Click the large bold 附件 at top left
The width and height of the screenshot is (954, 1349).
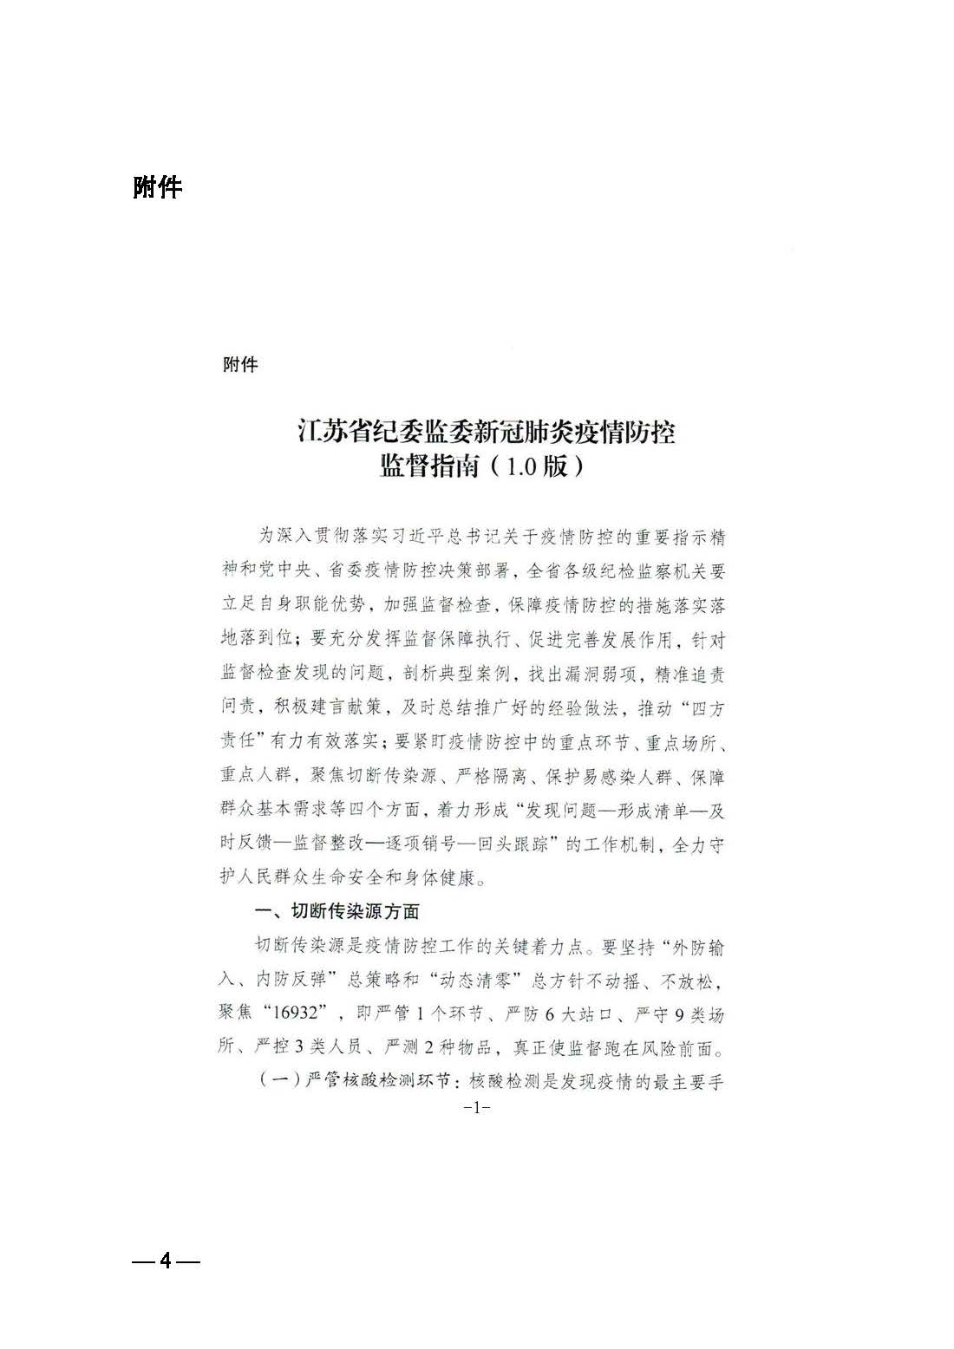pos(157,186)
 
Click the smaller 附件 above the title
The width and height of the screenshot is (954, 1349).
pos(240,364)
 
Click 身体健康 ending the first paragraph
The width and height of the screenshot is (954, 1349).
pos(441,877)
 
